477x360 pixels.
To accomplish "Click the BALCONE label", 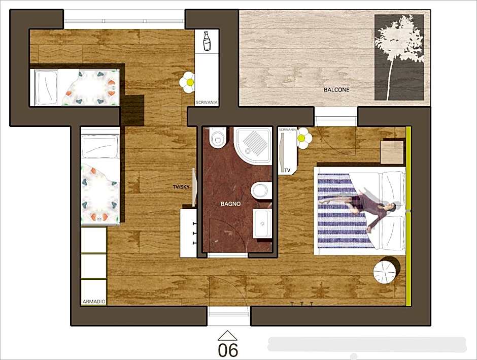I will coord(336,90).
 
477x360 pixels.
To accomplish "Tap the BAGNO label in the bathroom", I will coord(230,204).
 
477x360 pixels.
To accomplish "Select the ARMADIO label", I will coord(94,302).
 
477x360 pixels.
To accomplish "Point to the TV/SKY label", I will coord(181,187).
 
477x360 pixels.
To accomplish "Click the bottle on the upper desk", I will coord(207,41).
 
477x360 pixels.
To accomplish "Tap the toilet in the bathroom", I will coord(218,137).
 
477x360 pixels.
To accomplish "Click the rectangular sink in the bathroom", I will coord(263,223).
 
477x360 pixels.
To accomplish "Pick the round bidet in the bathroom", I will coord(260,190).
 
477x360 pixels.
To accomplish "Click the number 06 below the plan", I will coord(228,350).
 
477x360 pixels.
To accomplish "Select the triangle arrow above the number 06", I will coord(227,335).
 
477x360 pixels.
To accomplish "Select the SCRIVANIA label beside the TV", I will coord(288,130).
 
